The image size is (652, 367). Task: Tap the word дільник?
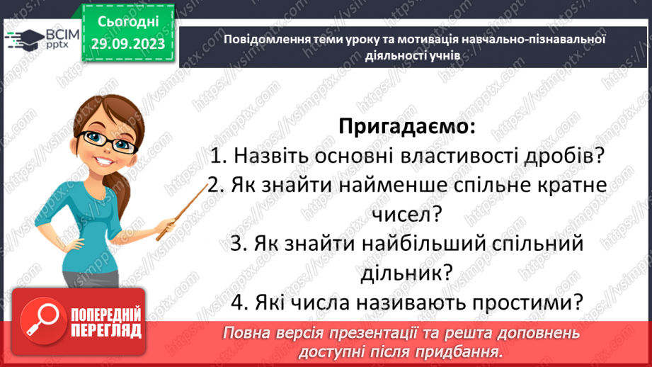pyautogui.click(x=406, y=271)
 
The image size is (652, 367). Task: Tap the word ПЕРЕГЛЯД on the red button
pyautogui.click(x=106, y=331)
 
